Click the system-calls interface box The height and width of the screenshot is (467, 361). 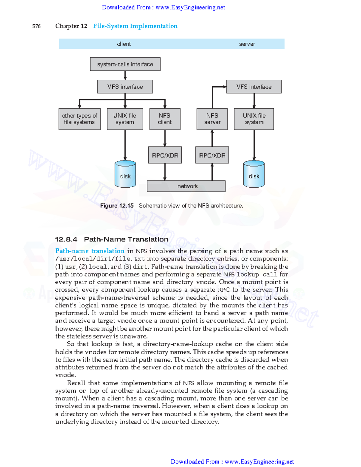click(x=125, y=64)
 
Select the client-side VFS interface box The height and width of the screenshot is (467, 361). click(x=125, y=87)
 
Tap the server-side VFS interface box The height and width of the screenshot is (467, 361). click(x=254, y=87)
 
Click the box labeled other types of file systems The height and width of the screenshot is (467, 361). click(x=79, y=119)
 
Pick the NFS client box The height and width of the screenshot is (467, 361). click(x=165, y=119)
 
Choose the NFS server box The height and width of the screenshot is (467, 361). click(x=212, y=119)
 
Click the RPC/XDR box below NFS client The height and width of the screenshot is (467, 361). click(x=165, y=155)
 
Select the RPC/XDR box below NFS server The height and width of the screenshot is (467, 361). click(x=212, y=155)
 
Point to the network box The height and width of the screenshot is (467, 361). click(x=186, y=186)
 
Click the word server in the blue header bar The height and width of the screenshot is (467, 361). click(x=247, y=44)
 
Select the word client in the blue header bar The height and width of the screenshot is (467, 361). click(x=124, y=44)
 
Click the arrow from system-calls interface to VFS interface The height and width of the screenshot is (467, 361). click(x=125, y=75)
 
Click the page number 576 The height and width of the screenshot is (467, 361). click(x=36, y=26)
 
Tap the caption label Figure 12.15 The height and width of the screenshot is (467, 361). click(x=117, y=206)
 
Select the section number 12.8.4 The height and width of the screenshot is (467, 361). click(x=66, y=239)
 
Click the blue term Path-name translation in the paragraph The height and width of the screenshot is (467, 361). click(x=90, y=251)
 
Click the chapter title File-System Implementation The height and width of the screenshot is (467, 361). click(x=135, y=26)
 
